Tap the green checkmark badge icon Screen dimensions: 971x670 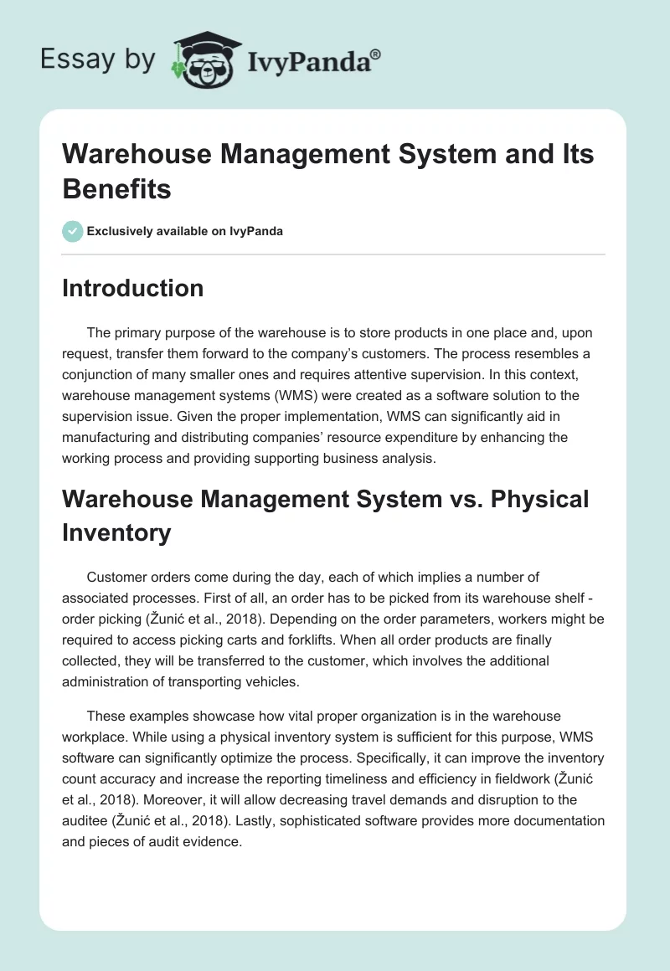coord(73,231)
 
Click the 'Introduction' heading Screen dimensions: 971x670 coord(133,288)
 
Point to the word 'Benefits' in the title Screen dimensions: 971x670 coord(117,189)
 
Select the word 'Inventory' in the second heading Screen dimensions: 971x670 coord(116,532)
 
